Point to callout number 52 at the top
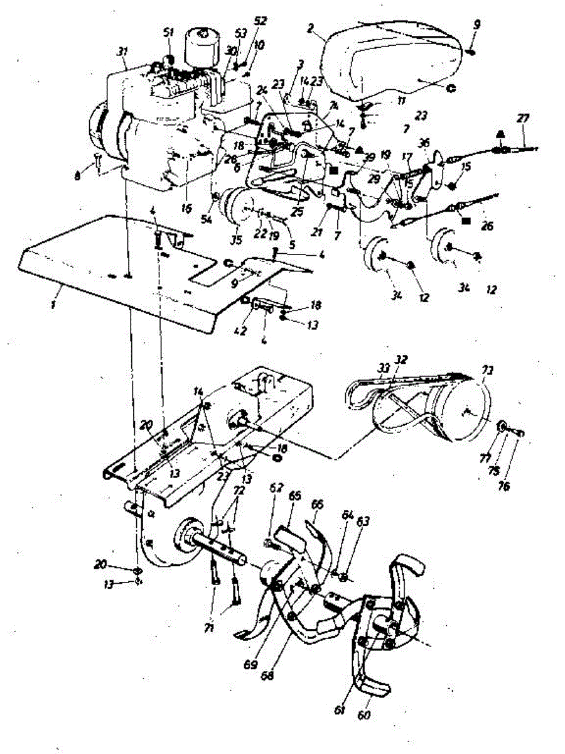tap(260, 21)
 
